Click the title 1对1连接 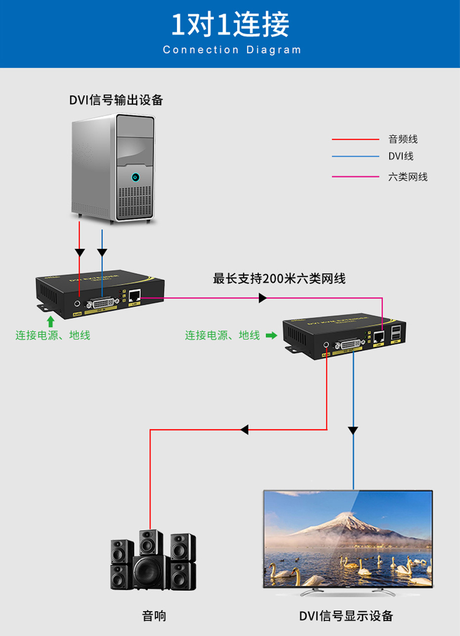click(230, 25)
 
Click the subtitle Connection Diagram click(231, 50)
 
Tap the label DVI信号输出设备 click(116, 100)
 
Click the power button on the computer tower click(136, 177)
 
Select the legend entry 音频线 click(403, 140)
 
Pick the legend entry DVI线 click(400, 156)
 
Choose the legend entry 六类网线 click(408, 177)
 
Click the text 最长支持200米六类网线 click(279, 279)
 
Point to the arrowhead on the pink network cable click(263, 298)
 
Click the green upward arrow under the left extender click(50, 322)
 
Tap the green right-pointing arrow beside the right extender click(271, 336)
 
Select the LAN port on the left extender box click(134, 296)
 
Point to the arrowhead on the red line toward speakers click(244, 429)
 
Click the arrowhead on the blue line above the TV click(353, 430)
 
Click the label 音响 click(154, 616)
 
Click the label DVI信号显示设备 click(346, 616)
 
